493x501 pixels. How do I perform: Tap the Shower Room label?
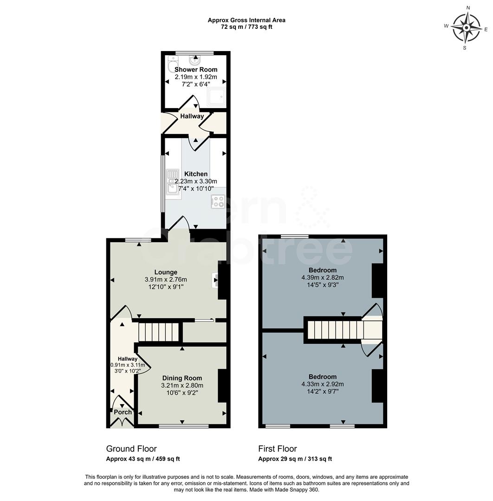pyautogui.click(x=195, y=70)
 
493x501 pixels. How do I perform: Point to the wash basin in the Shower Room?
pyautogui.click(x=195, y=60)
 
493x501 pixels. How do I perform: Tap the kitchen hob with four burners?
pyautogui.click(x=218, y=201)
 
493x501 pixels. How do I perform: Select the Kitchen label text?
pyautogui.click(x=195, y=174)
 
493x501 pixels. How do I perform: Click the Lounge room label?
pyautogui.click(x=166, y=272)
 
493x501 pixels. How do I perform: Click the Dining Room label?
pyautogui.click(x=182, y=378)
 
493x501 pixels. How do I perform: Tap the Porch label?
pyautogui.click(x=123, y=412)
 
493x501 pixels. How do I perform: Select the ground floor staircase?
pyautogui.click(x=158, y=332)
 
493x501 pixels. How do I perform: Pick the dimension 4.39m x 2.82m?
pyautogui.click(x=323, y=278)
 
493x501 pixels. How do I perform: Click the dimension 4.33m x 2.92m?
pyautogui.click(x=323, y=384)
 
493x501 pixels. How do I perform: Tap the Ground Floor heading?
pyautogui.click(x=131, y=449)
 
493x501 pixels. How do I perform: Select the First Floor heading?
pyautogui.click(x=278, y=449)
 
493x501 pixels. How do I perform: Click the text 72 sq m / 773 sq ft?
pyautogui.click(x=246, y=27)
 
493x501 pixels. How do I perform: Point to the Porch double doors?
pyautogui.click(x=123, y=422)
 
